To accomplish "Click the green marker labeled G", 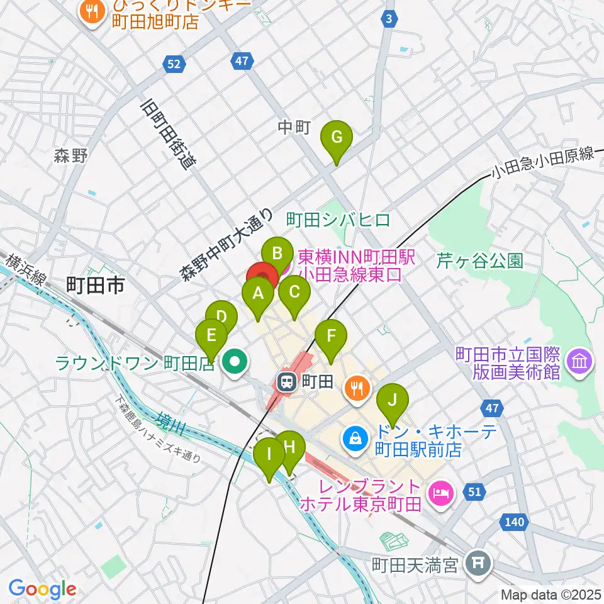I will pos(337,137).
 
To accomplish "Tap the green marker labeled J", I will pos(393,400).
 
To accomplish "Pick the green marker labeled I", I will pos(269,454).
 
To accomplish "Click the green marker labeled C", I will pos(294,293).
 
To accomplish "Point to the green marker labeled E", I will pos(211,335).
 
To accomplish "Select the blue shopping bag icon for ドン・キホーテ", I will pos(355,438).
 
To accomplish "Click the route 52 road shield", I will pos(174,64).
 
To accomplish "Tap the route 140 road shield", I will pos(514,522).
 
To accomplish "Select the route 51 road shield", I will pos(476,491).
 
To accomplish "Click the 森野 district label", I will pos(70,157).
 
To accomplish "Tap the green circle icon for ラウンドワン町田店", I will pos(236,362).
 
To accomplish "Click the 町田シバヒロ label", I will pos(338,220).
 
